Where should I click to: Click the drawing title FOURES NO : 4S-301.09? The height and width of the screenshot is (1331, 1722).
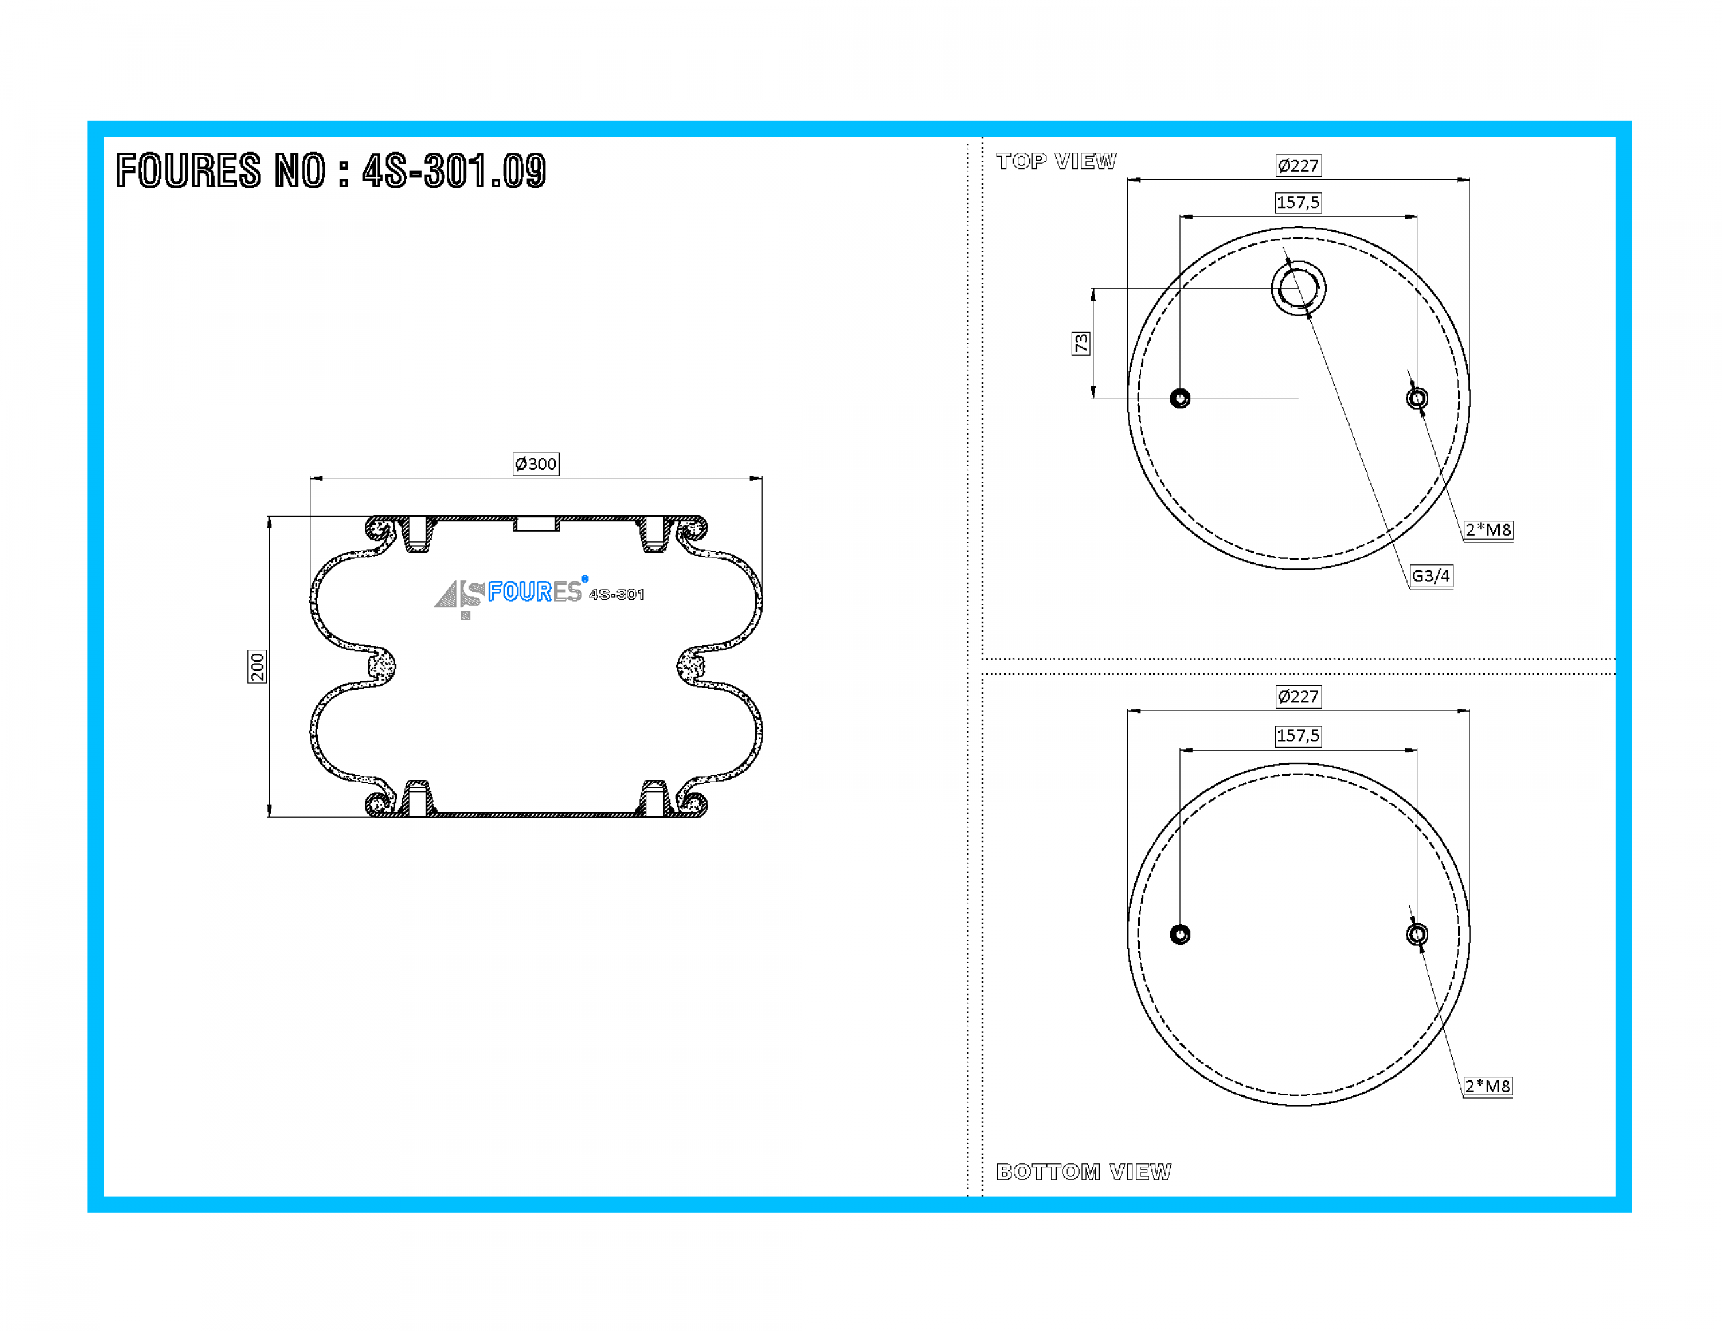(x=331, y=170)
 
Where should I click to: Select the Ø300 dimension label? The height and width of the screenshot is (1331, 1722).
(x=536, y=464)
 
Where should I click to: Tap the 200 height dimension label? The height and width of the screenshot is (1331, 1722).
(x=257, y=667)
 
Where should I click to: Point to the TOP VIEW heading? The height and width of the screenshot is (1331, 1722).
(x=1057, y=161)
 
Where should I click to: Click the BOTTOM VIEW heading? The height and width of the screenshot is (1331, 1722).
(x=1084, y=1172)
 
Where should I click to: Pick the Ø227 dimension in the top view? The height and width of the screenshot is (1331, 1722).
(x=1299, y=166)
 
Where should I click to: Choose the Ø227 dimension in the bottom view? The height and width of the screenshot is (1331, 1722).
(x=1299, y=696)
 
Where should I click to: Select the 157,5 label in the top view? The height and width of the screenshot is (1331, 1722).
(x=1299, y=203)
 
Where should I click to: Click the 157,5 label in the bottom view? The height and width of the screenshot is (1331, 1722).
(x=1299, y=736)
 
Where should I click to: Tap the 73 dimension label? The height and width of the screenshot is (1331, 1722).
(x=1081, y=343)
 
